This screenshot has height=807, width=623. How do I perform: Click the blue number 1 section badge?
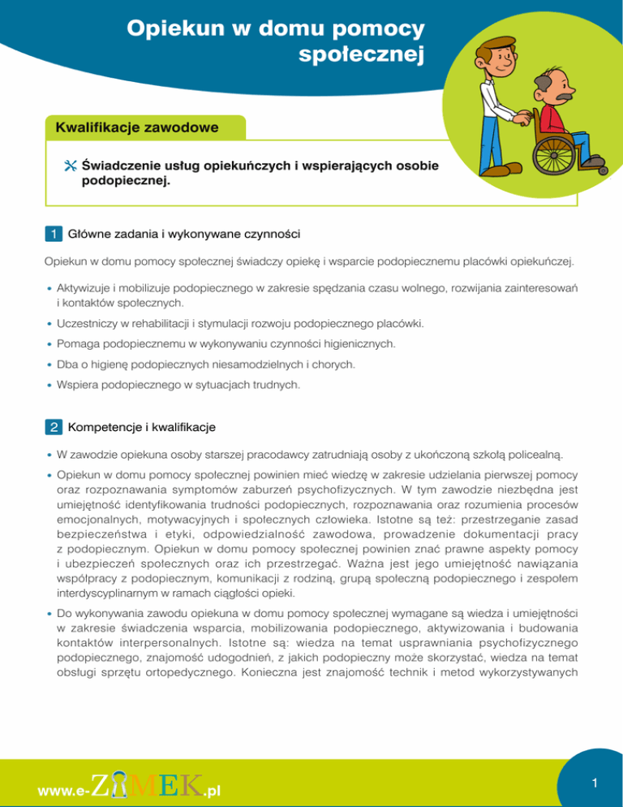53,235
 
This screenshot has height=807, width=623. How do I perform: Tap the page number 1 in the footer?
595,783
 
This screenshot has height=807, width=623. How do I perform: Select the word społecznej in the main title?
362,57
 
